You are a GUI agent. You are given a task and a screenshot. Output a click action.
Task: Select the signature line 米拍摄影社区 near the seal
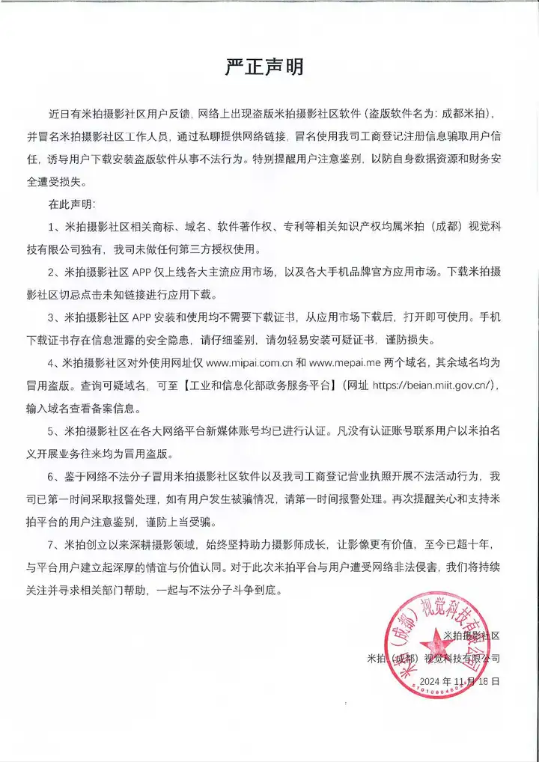(x=471, y=635)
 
